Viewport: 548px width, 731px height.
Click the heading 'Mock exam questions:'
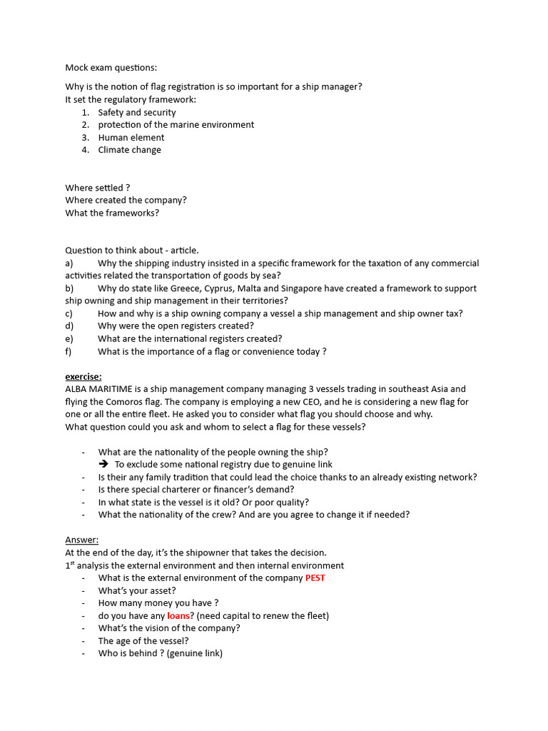click(x=111, y=68)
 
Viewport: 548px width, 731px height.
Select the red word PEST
click(x=315, y=578)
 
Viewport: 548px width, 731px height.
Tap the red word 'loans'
click(x=178, y=615)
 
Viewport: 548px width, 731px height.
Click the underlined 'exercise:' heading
click(x=83, y=376)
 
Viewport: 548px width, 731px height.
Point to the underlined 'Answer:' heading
click(x=82, y=540)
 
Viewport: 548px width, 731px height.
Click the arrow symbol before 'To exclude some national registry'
click(x=103, y=465)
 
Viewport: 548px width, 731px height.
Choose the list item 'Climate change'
click(x=129, y=150)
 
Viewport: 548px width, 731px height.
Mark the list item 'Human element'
click(x=131, y=137)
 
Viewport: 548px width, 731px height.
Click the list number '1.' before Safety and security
click(x=85, y=112)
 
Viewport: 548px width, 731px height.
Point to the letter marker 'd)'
click(x=69, y=326)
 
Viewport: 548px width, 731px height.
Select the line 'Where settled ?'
click(x=98, y=188)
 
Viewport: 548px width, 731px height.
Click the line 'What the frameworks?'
click(x=112, y=213)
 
